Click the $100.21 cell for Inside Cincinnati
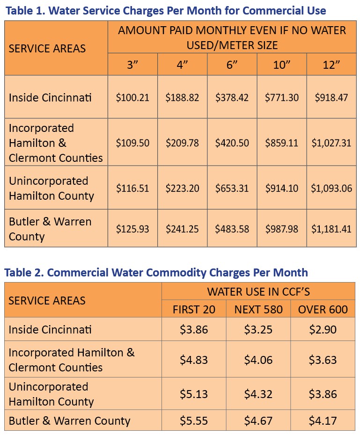[x=132, y=98]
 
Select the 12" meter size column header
[x=331, y=65]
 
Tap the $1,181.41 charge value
[x=331, y=229]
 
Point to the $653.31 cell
[x=232, y=188]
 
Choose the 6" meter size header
[x=232, y=65]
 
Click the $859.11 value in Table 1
[x=281, y=143]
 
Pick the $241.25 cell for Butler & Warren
[x=182, y=229]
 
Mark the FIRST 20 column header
[x=194, y=310]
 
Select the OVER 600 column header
[x=323, y=310]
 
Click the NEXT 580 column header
[x=258, y=310]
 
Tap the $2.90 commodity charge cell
[x=323, y=329]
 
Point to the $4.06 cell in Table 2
[x=258, y=360]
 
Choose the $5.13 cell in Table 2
[x=194, y=394]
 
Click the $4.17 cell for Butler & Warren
[x=323, y=420]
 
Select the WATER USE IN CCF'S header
[x=258, y=292]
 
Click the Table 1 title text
[x=166, y=10]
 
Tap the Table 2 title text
[x=156, y=272]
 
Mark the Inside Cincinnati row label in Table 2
[x=50, y=329]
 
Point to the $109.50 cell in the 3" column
[x=132, y=143]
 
